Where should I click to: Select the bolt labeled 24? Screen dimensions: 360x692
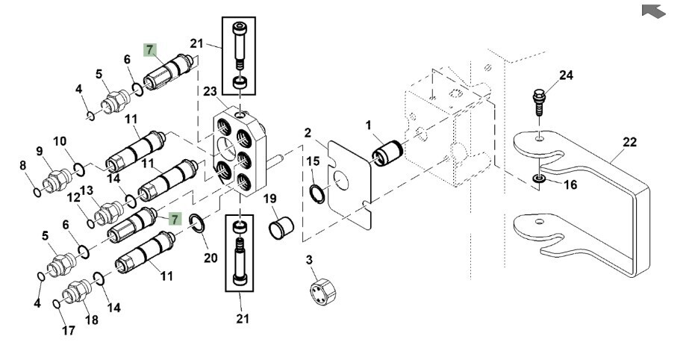[x=539, y=102]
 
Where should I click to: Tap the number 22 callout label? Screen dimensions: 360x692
[x=629, y=143]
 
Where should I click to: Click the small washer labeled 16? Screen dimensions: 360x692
[x=539, y=179]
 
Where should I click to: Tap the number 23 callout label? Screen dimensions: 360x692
[x=210, y=92]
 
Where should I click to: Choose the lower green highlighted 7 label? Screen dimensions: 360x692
[x=174, y=219]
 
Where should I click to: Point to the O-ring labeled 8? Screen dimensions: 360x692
[x=37, y=193]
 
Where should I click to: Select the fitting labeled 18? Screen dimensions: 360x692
[x=78, y=292]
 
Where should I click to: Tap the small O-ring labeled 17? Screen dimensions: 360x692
[x=57, y=303]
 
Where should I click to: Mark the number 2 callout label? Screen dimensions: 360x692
[x=308, y=133]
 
